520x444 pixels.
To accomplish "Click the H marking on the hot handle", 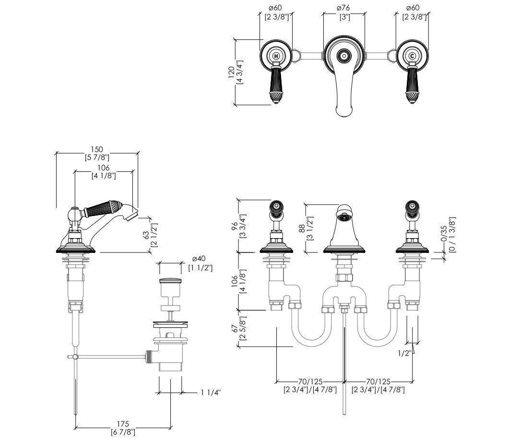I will (x=276, y=56).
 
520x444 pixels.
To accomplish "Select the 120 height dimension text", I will (x=232, y=72).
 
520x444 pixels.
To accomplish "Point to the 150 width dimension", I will (x=97, y=150).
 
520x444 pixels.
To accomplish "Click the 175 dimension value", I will (x=123, y=424).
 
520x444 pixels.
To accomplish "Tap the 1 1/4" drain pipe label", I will (x=211, y=393).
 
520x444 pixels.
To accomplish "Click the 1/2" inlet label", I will (x=404, y=353).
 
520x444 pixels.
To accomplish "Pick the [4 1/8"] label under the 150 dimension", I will (x=104, y=176).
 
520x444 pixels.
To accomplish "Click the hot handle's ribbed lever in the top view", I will (x=276, y=80).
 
